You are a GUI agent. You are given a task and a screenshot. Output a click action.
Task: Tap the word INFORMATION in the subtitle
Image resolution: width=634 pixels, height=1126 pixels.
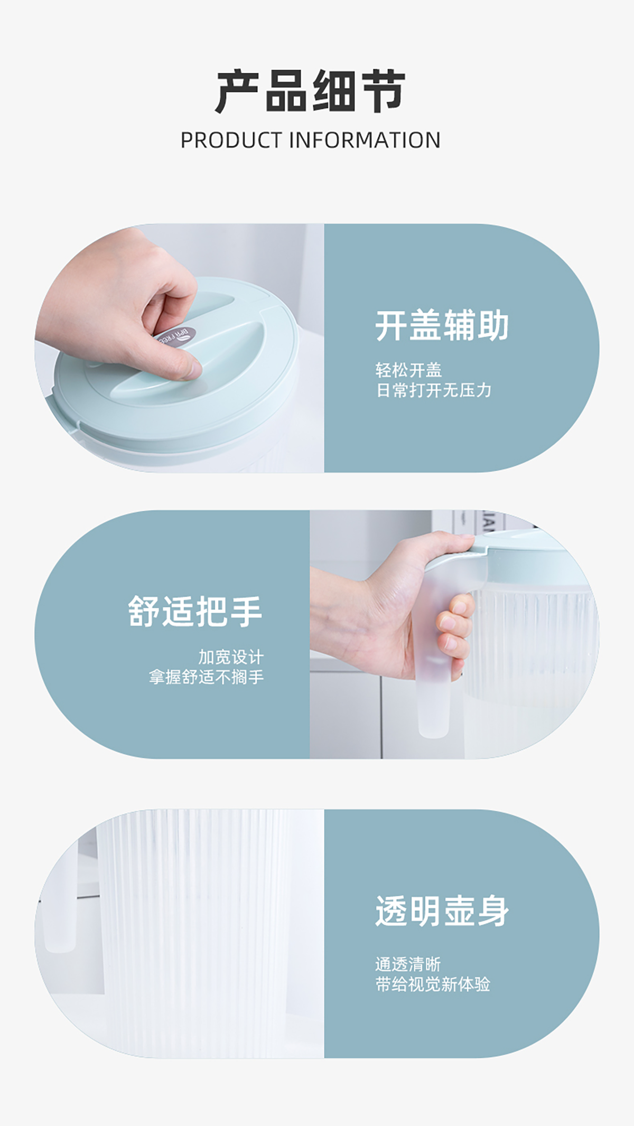coord(365,140)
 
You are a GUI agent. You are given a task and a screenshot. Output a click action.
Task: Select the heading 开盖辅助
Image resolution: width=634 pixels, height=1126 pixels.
coord(442,325)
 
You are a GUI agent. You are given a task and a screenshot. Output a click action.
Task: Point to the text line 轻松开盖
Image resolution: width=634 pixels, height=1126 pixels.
coord(408,370)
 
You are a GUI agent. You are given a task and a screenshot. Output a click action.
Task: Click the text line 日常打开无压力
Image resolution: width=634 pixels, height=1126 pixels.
coord(433,390)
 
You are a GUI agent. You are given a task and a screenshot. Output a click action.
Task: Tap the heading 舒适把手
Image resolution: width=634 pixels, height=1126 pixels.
coord(195,612)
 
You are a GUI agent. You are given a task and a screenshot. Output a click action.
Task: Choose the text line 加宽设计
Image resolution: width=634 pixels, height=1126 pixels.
coord(231,657)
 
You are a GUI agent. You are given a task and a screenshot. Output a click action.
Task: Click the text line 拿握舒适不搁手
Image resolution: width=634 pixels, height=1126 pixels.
coord(206,677)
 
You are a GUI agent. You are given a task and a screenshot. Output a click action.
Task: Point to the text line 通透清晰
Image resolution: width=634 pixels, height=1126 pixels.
coord(408,964)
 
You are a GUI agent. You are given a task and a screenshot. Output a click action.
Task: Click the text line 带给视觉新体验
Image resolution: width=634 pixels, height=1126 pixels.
coord(433,984)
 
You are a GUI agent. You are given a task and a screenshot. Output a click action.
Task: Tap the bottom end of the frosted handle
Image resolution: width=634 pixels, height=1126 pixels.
coord(433,731)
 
